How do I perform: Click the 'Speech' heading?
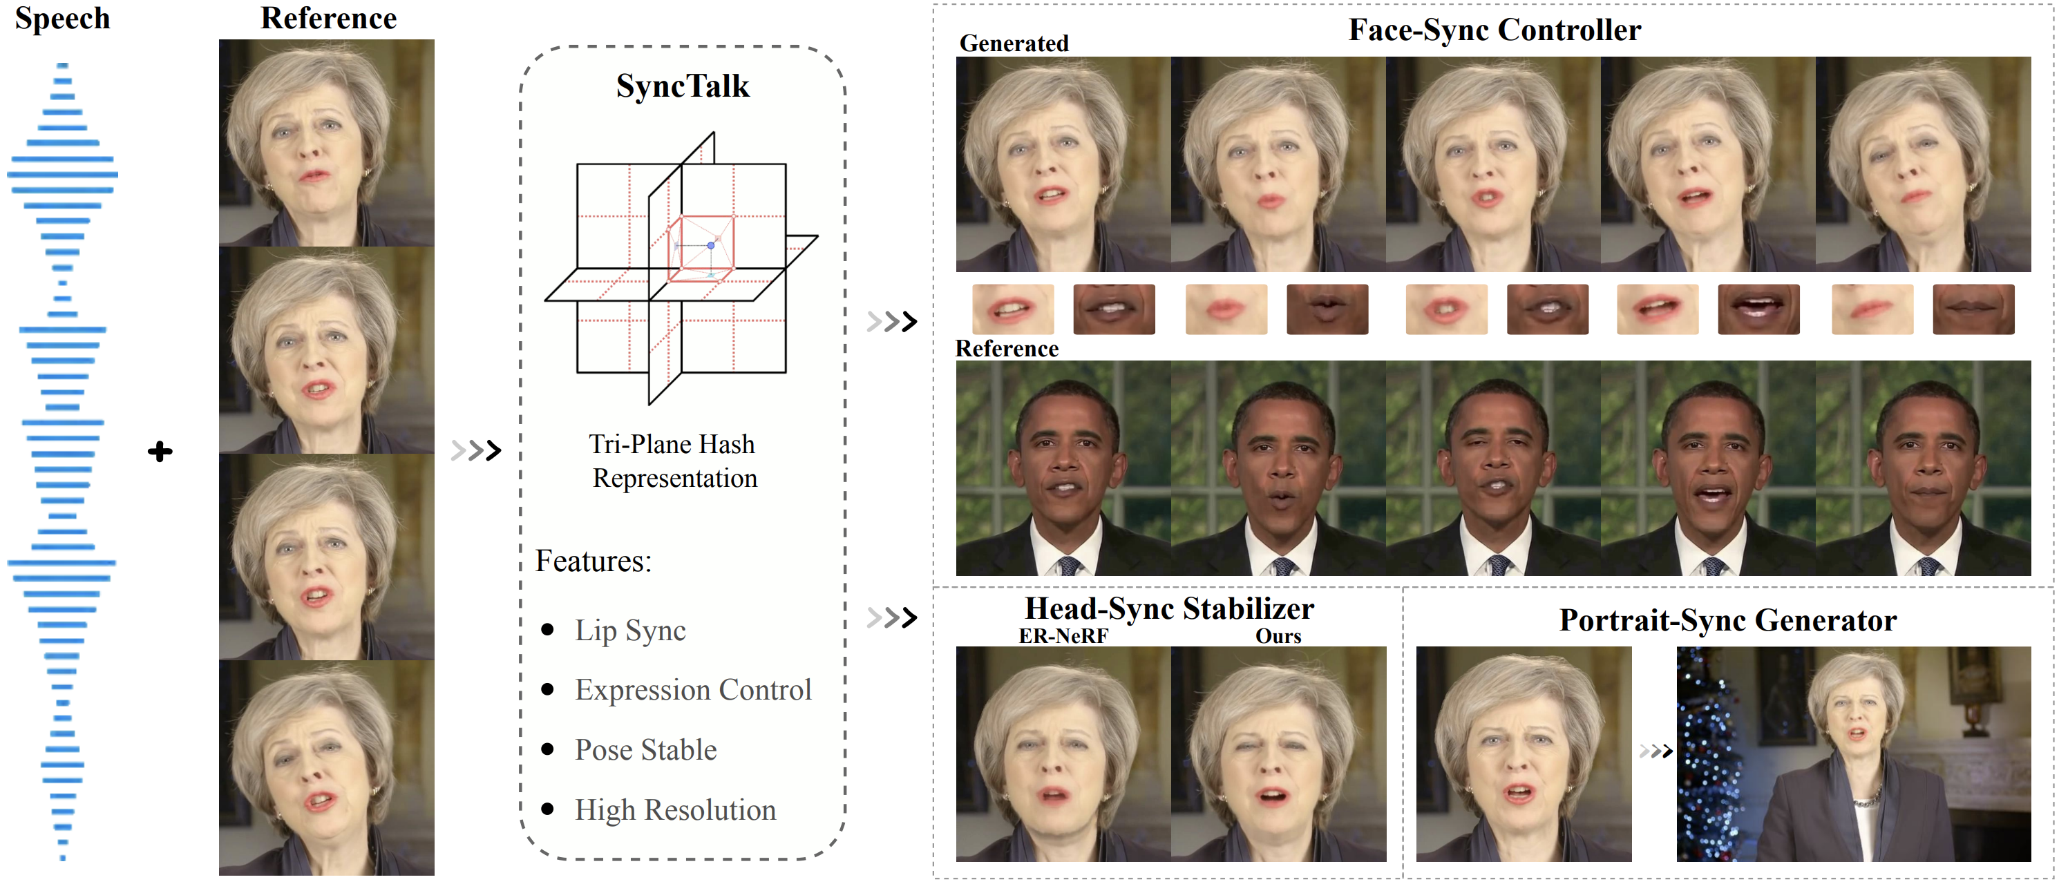(x=62, y=19)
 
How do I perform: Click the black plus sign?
(x=160, y=452)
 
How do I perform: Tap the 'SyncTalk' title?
(x=683, y=86)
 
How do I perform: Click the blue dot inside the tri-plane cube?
(x=710, y=245)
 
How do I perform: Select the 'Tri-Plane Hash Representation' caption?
(x=673, y=461)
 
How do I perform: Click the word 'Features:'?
(x=593, y=561)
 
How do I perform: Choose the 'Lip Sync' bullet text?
(x=630, y=631)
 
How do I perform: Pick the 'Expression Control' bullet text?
(x=693, y=690)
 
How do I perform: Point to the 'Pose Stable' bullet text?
(x=646, y=750)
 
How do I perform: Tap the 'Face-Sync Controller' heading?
(x=1495, y=30)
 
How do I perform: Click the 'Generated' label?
(x=1014, y=43)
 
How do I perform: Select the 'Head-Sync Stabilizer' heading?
(x=1168, y=609)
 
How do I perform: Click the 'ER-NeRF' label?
(x=1063, y=636)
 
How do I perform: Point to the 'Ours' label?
(x=1278, y=636)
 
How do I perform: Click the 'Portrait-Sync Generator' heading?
(x=1727, y=621)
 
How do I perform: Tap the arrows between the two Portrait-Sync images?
(x=1655, y=751)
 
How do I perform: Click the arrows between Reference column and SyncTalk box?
(x=475, y=451)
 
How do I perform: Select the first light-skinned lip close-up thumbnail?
(x=1013, y=309)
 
